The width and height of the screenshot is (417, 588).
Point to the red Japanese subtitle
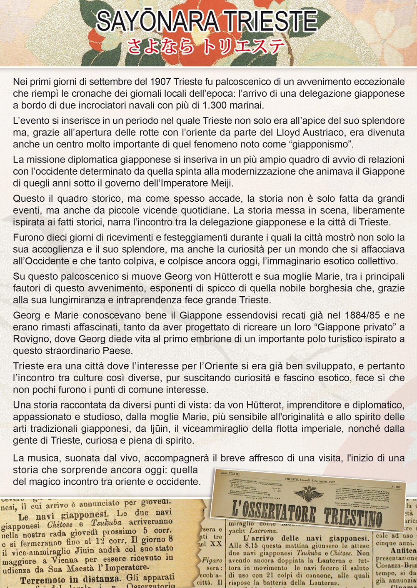(x=206, y=47)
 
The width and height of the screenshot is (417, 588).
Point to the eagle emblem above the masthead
(x=308, y=495)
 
